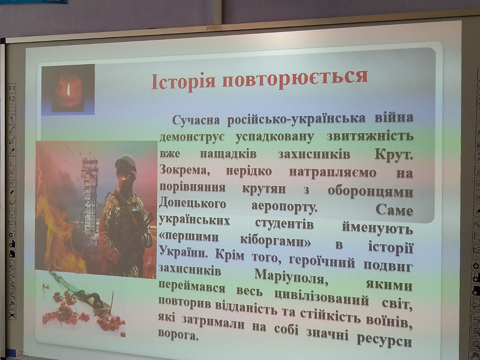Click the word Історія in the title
(x=183, y=82)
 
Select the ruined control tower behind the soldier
(x=89, y=199)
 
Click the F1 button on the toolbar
(x=12, y=88)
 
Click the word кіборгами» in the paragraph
(x=275, y=241)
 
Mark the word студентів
(x=284, y=224)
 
